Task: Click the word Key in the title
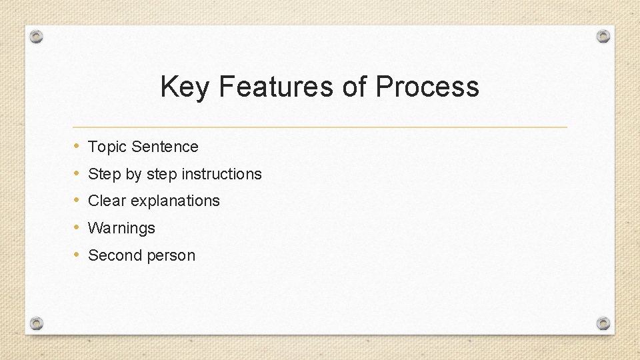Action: click(x=185, y=87)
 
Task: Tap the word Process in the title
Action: click(x=427, y=87)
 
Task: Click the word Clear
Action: click(x=107, y=201)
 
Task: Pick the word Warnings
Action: click(x=121, y=228)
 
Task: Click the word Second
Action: click(x=114, y=255)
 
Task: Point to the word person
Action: click(x=170, y=256)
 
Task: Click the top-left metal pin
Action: click(x=37, y=37)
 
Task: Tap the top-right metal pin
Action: click(x=603, y=36)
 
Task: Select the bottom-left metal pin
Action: click(x=37, y=323)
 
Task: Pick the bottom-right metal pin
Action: click(x=603, y=323)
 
